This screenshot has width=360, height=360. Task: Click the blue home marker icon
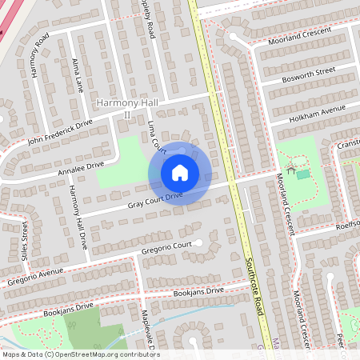click(x=180, y=173)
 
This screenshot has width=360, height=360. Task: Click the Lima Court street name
click(x=156, y=138)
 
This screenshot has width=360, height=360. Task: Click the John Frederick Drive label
click(x=60, y=131)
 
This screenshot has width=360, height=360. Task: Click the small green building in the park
click(x=303, y=174)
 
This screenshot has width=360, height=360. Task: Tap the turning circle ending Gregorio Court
click(x=199, y=242)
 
